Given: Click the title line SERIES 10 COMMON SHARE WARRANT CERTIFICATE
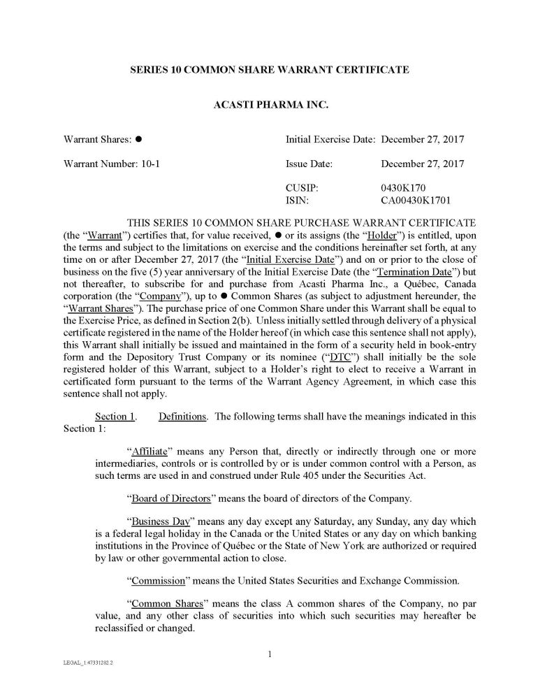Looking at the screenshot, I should click(x=270, y=70).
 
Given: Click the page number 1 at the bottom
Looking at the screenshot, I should click(x=270, y=654).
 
